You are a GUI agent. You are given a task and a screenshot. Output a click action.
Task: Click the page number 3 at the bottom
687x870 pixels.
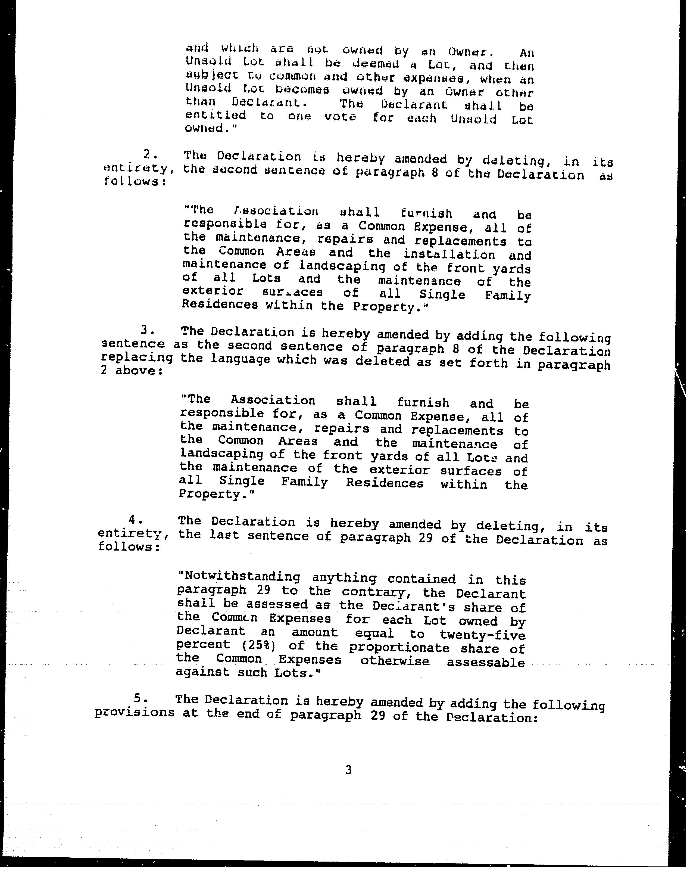coord(348,770)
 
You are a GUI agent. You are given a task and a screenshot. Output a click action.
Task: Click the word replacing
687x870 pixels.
coord(137,357)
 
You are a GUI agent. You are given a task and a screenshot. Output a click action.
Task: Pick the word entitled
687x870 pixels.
coord(216,115)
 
